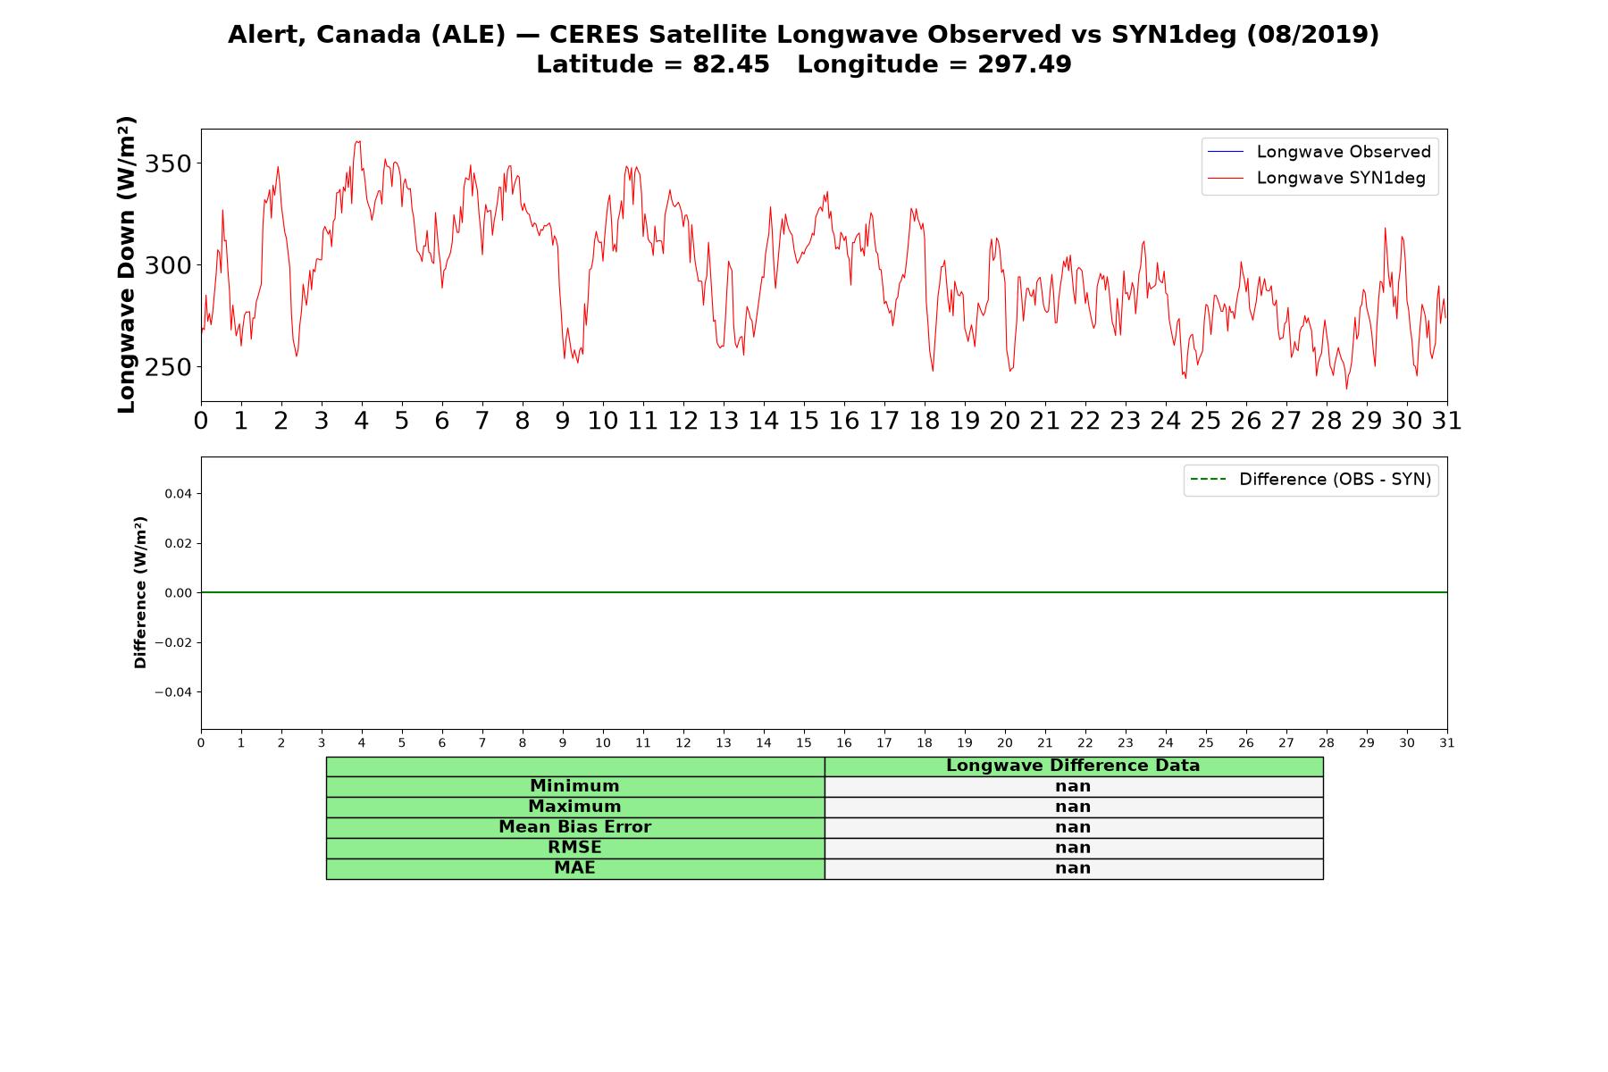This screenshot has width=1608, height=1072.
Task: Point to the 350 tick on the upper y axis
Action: pos(168,163)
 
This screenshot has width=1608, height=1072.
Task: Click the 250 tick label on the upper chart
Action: pos(168,367)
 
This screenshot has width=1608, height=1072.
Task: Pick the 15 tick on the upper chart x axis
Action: pos(804,421)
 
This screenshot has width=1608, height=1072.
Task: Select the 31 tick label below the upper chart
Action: pos(1447,421)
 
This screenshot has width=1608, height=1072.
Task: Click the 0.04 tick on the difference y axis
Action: pos(178,494)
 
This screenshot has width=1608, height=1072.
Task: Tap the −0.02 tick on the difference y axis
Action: pos(173,643)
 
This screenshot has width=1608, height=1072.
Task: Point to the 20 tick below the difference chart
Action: pos(1005,743)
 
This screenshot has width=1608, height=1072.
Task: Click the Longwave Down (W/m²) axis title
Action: pos(127,264)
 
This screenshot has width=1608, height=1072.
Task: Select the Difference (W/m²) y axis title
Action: pos(140,592)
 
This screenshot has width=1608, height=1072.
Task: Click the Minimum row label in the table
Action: pos(574,786)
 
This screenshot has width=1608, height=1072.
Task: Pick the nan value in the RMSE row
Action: pos(1073,848)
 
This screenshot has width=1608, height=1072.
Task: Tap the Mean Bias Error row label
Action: pos(574,827)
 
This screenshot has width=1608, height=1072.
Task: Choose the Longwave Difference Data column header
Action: pos(1073,766)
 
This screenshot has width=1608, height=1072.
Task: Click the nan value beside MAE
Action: pos(1073,868)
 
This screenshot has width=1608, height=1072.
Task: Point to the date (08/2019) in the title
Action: pos(1313,35)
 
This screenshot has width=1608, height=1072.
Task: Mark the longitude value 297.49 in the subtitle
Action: pos(1025,65)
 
